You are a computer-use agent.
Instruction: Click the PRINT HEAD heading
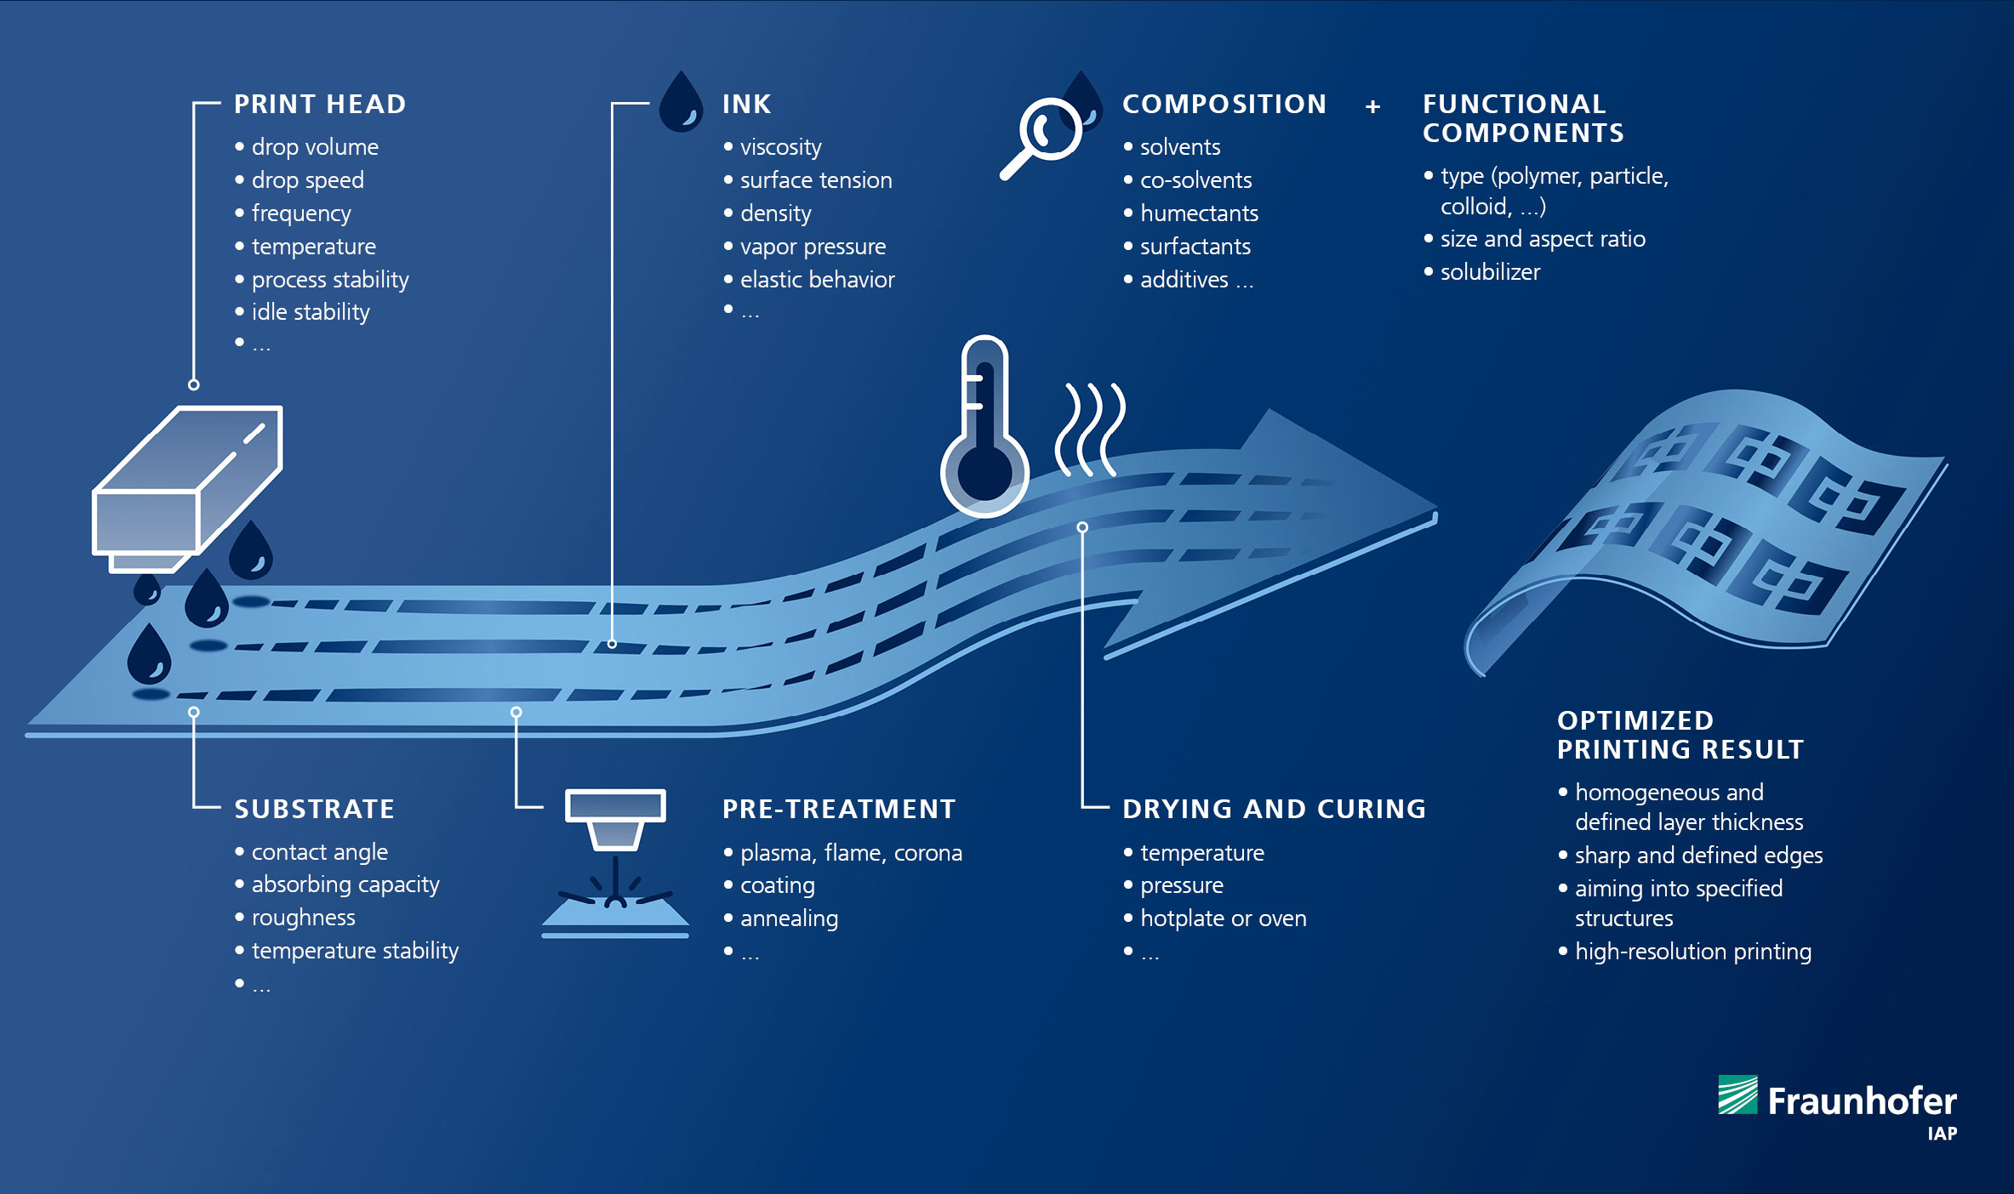pos(320,105)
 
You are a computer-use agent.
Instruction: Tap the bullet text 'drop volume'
pos(315,147)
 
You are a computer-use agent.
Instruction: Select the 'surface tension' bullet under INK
pos(816,180)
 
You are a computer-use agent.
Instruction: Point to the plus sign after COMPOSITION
pos(1372,107)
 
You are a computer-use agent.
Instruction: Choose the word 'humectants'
pos(1199,213)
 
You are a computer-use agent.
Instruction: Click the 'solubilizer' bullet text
pos(1490,272)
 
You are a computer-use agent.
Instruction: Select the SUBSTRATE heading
pos(314,809)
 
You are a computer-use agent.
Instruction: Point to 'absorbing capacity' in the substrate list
pos(345,885)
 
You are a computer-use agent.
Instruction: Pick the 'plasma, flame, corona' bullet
pos(851,853)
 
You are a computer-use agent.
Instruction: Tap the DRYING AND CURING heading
pos(1274,809)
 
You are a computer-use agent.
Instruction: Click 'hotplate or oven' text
pos(1223,918)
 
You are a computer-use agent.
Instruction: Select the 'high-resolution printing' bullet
pos(1692,952)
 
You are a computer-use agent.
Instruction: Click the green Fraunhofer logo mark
pos(1737,1094)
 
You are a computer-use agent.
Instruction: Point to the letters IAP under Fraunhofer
pos(1943,1134)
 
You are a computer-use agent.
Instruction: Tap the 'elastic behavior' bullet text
pos(817,280)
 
